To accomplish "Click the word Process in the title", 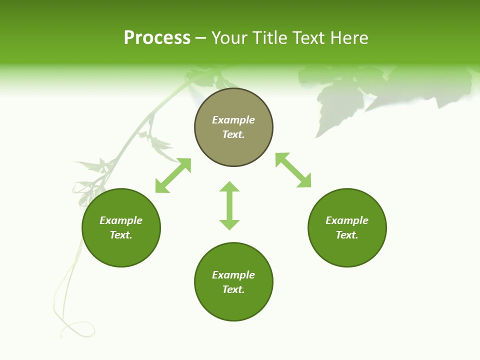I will click(x=157, y=38).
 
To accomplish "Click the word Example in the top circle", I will click(x=233, y=120).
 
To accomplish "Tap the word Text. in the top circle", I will click(x=233, y=134).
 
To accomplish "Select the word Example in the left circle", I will click(x=121, y=220).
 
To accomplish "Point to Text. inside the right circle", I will click(x=347, y=235).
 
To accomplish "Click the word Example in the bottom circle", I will click(x=233, y=275).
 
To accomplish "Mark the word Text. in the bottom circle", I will click(x=233, y=289).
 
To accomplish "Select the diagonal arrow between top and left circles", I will click(x=173, y=175).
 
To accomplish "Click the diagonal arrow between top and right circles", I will click(x=293, y=170).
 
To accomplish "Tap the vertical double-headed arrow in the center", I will click(x=229, y=205).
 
